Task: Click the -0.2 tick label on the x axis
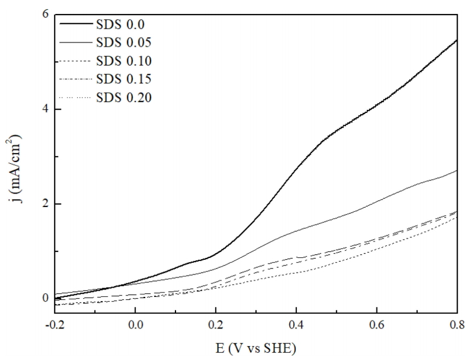tap(53, 325)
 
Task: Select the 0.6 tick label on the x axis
tap(376, 325)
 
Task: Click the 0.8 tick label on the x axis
tap(457, 325)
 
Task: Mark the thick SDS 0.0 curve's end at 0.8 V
tap(456, 40)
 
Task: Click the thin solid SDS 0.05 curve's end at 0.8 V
tap(456, 171)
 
